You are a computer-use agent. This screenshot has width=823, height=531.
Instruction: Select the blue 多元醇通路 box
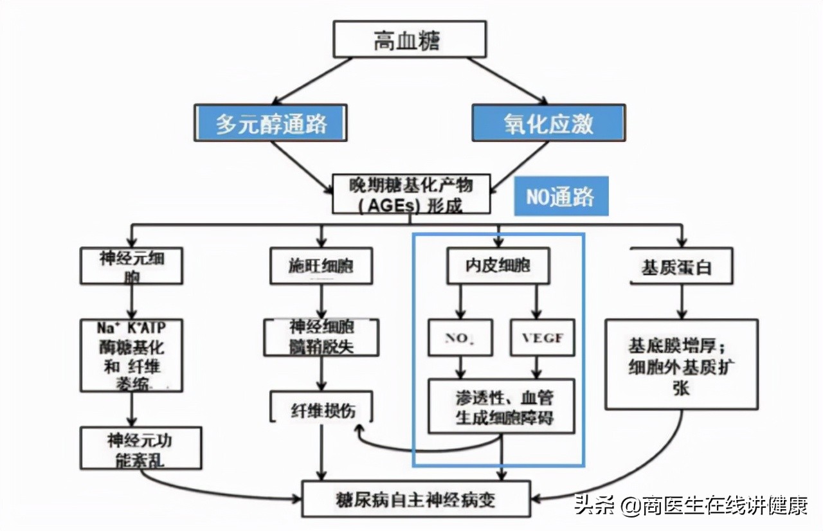coord(270,123)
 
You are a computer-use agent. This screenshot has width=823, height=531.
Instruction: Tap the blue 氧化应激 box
coord(548,123)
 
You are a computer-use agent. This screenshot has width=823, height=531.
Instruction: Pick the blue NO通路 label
coord(561,196)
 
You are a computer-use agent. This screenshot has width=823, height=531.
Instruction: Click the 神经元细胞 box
coord(131,265)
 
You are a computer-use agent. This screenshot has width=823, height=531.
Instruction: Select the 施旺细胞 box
coord(321,265)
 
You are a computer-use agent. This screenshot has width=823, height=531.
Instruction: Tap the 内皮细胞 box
coord(498,265)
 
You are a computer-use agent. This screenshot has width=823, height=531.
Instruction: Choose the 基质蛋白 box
coord(681,265)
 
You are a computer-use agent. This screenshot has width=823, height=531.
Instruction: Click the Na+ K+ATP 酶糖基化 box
coord(131,355)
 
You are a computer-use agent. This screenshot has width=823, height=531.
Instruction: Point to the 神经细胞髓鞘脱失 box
coord(321,337)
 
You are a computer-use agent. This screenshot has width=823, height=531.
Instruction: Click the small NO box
coord(461,337)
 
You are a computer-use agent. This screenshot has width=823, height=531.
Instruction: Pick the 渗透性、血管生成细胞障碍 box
coord(501,406)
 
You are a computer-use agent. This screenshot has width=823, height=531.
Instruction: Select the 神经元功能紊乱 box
coord(141,448)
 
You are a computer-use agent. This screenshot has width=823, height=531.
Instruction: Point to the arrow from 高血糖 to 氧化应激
coord(508,80)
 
